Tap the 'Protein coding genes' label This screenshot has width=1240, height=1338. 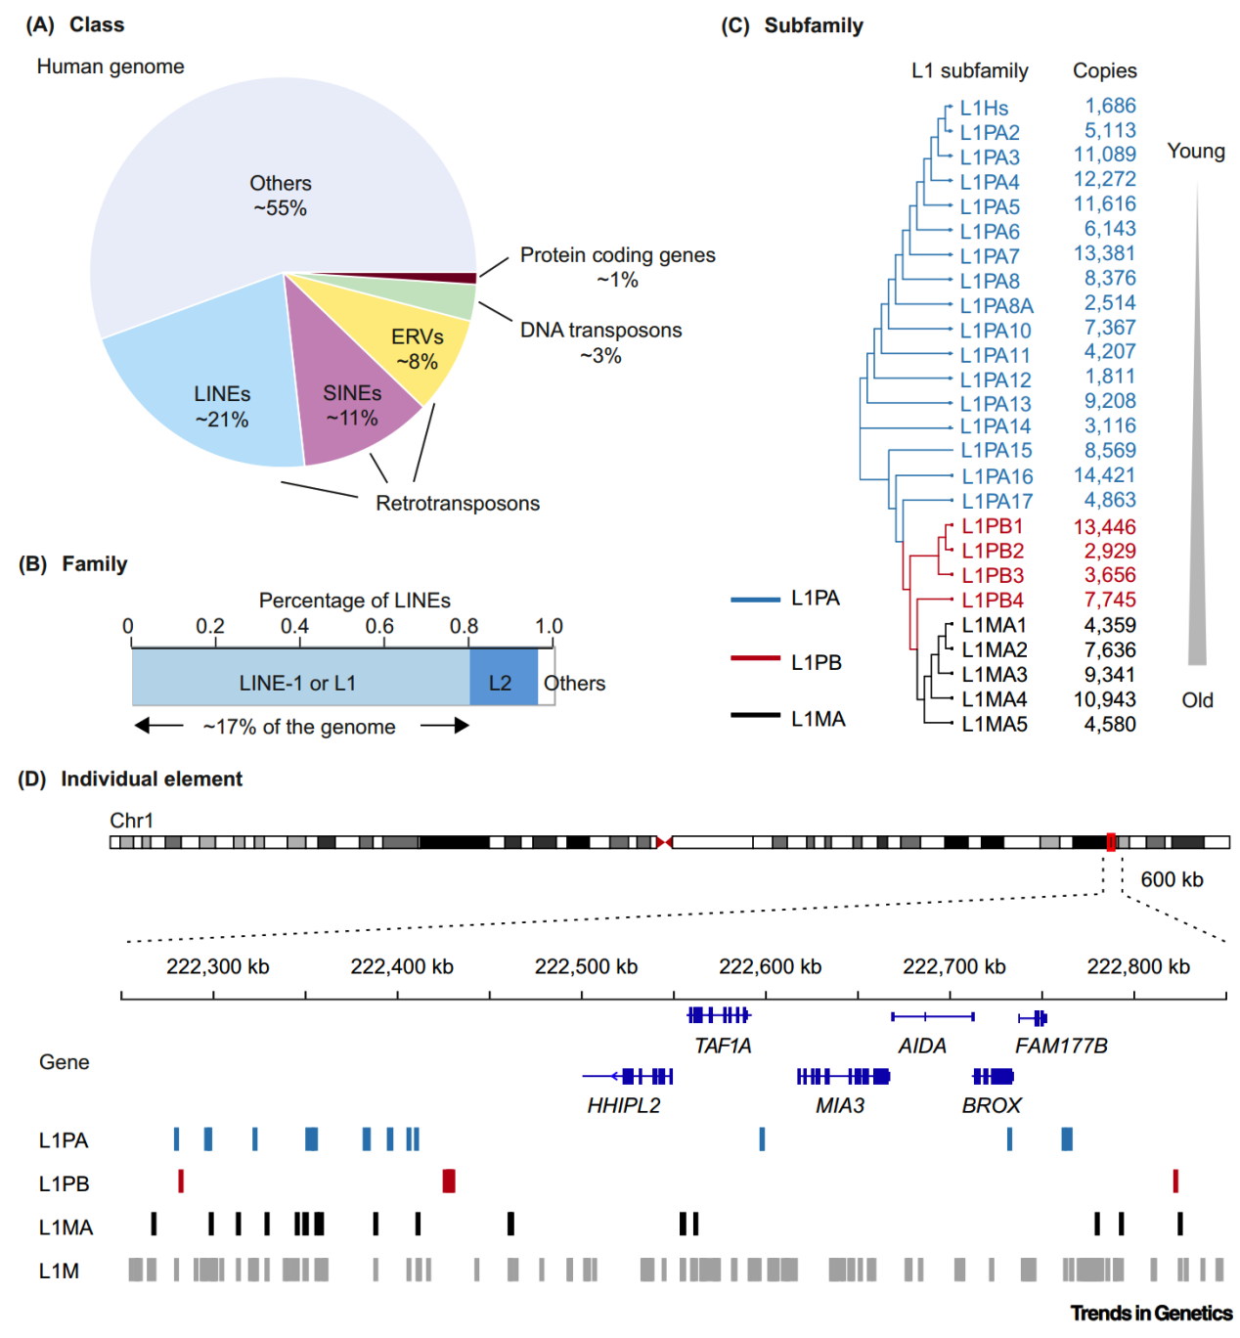(617, 255)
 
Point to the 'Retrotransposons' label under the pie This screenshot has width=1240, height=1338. (458, 504)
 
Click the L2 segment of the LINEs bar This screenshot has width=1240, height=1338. (502, 682)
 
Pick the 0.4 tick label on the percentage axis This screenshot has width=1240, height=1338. (294, 626)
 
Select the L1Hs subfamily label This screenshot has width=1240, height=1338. (984, 108)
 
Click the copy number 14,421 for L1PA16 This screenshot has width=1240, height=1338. (1104, 475)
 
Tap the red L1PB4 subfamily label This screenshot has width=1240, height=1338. (993, 600)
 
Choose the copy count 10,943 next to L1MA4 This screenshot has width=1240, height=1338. (1104, 699)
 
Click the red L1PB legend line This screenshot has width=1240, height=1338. (755, 659)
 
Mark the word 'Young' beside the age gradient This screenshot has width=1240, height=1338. (1195, 152)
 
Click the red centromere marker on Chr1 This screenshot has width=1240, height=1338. (665, 842)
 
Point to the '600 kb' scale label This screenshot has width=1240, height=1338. (1172, 879)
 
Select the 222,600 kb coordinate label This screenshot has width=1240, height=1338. (770, 967)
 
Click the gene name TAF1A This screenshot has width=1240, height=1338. (723, 1047)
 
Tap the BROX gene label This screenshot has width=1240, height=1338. (992, 1105)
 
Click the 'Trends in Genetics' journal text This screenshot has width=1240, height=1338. (1151, 1314)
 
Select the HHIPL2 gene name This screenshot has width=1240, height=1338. (624, 1105)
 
